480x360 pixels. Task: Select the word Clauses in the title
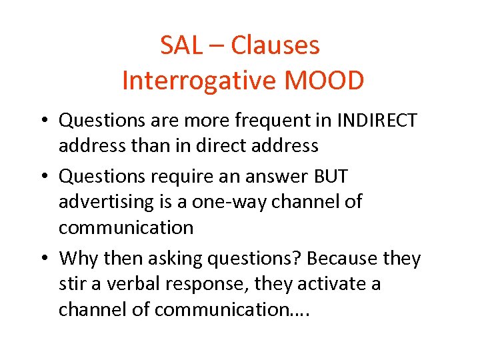point(275,46)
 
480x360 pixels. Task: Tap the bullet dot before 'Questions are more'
point(44,121)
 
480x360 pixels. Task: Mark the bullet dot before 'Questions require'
point(44,177)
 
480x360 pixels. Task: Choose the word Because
point(338,258)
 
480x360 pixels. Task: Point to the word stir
point(72,284)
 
